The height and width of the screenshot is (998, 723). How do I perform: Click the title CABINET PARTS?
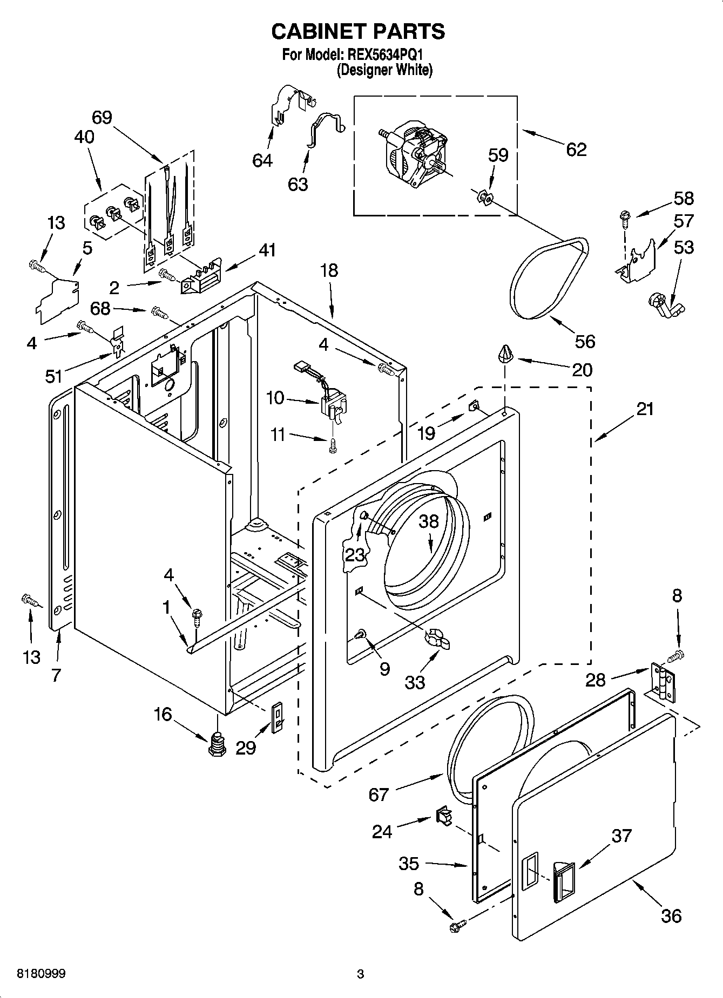[x=358, y=32]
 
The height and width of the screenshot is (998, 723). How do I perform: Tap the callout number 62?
[x=576, y=150]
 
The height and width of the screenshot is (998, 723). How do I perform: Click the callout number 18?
[x=329, y=270]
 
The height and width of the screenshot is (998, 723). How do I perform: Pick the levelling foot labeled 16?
[x=217, y=743]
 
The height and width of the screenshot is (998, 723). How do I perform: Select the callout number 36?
[x=671, y=916]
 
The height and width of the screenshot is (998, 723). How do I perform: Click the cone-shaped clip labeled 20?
[x=505, y=354]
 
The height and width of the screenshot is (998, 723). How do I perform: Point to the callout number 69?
[x=102, y=117]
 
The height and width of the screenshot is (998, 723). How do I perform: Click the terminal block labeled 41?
[x=201, y=279]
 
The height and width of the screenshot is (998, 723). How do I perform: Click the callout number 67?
[x=379, y=795]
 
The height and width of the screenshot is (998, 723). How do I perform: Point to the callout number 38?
[x=429, y=521]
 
